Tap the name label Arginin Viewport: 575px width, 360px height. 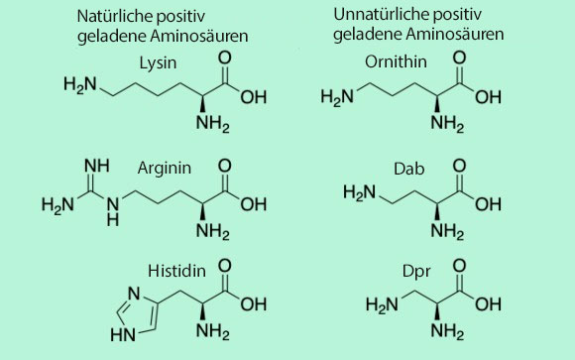[x=165, y=170]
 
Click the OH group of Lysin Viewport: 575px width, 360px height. [x=255, y=96]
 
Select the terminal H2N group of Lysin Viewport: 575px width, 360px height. [x=80, y=84]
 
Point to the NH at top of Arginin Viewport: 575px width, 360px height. [x=95, y=164]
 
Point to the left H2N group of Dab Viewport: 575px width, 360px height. [x=360, y=193]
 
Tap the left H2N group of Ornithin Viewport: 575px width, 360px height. [x=340, y=98]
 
